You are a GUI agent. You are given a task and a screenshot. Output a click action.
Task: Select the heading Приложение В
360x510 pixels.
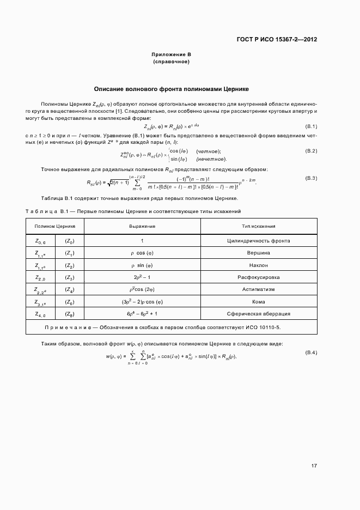172,55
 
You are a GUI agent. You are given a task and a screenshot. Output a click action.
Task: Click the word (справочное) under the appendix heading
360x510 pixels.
172,62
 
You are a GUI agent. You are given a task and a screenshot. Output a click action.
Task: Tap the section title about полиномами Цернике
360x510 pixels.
172,88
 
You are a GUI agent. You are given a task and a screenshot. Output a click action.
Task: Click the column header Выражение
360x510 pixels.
142,226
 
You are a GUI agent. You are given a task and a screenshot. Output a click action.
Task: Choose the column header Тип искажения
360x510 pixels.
258,226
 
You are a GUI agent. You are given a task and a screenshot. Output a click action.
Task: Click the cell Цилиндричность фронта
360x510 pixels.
258,240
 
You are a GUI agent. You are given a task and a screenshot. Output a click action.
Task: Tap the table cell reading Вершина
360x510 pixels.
258,253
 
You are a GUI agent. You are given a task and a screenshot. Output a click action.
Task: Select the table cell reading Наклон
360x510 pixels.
258,265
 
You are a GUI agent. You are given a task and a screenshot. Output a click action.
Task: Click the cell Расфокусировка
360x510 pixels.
258,277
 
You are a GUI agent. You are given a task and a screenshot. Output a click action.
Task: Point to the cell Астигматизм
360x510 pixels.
258,290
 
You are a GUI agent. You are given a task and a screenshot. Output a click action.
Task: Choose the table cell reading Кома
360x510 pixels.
258,302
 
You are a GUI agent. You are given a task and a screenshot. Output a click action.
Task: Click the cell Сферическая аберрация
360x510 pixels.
258,314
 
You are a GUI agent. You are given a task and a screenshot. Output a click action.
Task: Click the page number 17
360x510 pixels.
314,465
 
